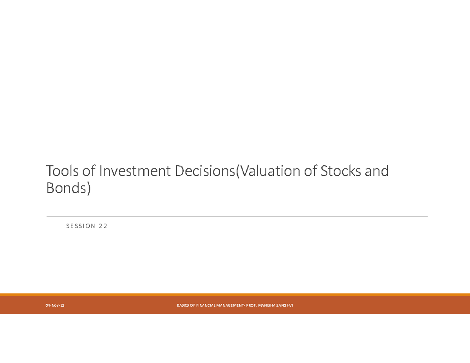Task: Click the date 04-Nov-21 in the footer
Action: point(55,305)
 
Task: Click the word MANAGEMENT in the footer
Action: point(230,305)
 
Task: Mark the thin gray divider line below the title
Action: point(237,217)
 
